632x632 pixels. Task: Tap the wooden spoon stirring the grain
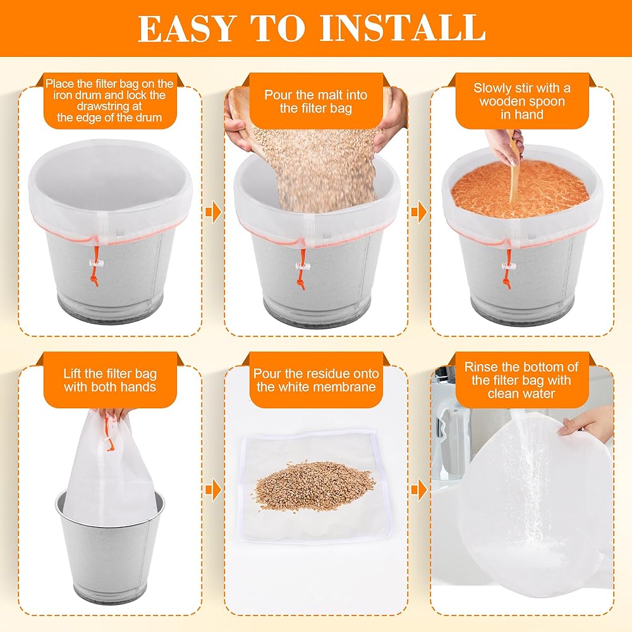tap(514, 169)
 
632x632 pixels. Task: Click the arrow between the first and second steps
tap(214, 211)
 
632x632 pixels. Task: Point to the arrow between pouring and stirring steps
tap(419, 211)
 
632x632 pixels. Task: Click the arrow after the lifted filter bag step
tap(214, 490)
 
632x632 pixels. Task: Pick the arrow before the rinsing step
tap(419, 490)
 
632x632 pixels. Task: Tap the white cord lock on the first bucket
tap(96, 264)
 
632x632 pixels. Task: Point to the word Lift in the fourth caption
tap(73, 374)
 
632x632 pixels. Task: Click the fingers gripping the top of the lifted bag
tap(115, 415)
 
